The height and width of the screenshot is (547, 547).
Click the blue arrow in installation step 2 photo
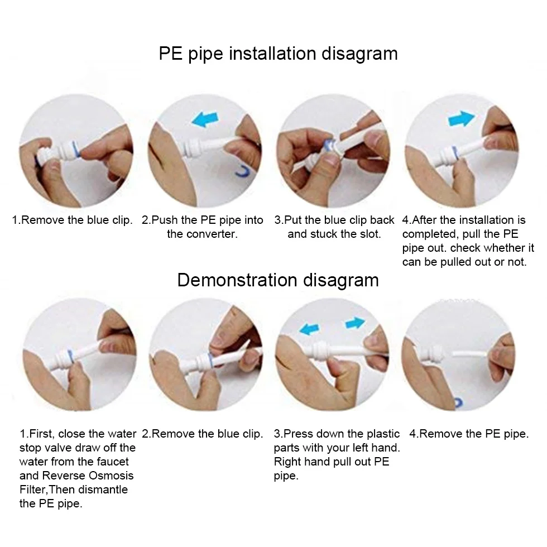[205, 119]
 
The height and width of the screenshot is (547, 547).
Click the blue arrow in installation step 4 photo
[461, 118]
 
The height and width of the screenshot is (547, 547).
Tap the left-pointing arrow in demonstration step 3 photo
[309, 329]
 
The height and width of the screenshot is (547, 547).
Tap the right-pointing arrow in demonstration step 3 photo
[356, 323]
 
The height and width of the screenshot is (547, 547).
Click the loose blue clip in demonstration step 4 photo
[458, 403]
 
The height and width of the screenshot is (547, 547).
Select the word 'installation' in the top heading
[272, 54]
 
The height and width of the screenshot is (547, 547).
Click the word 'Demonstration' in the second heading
[237, 280]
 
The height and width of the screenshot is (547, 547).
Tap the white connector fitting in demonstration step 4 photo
[432, 354]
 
